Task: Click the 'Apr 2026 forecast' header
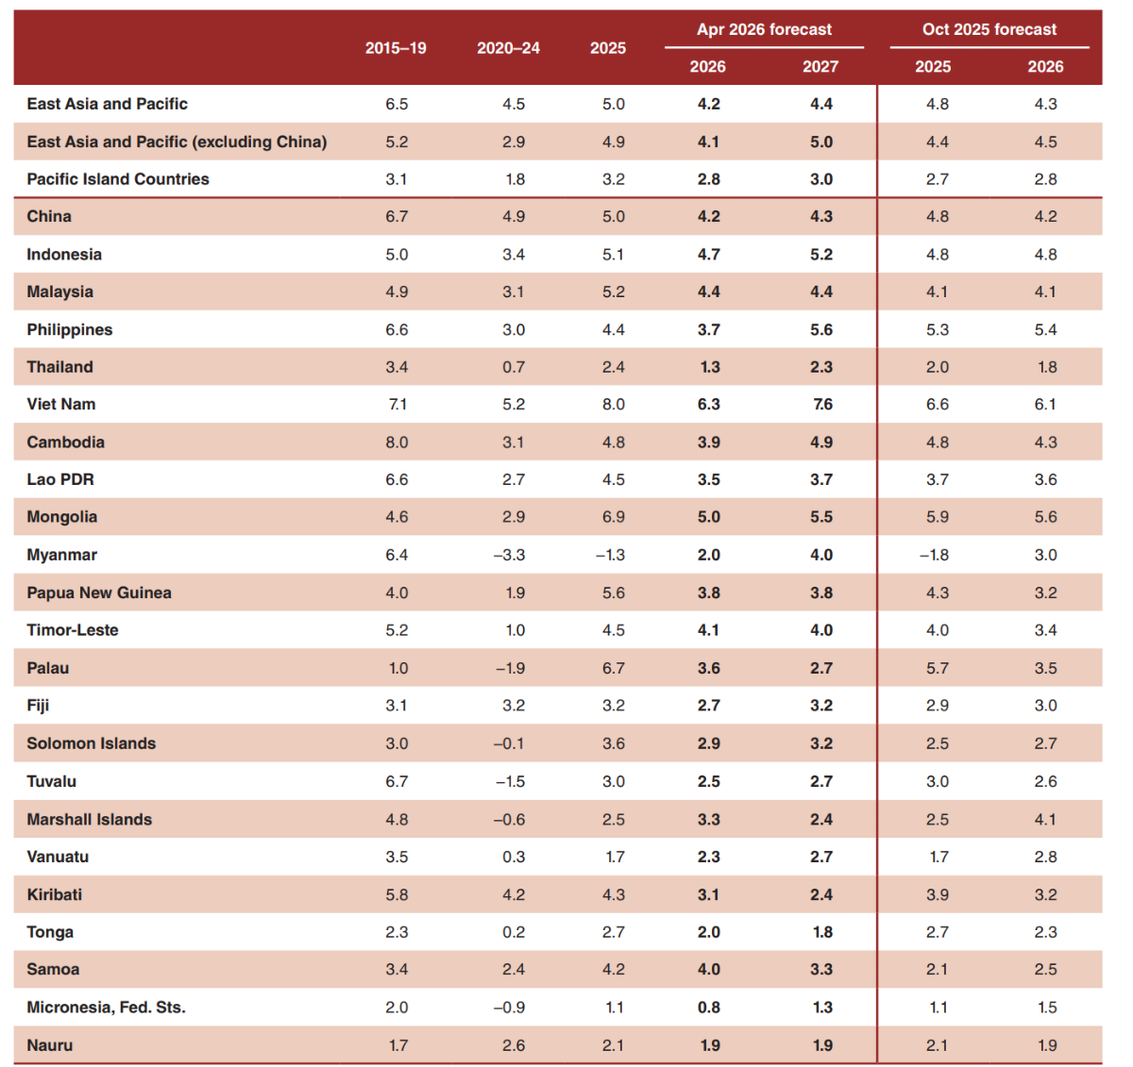tap(764, 29)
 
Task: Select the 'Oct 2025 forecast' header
tap(989, 29)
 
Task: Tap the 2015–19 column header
tap(396, 48)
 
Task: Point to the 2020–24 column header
tap(508, 48)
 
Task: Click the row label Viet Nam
tap(61, 404)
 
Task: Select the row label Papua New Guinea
tap(99, 592)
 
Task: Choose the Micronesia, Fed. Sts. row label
tap(106, 1007)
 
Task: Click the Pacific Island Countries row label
tap(118, 178)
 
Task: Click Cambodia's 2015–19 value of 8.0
tap(397, 442)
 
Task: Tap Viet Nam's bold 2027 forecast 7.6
tap(821, 404)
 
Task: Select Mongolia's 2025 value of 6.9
tap(614, 517)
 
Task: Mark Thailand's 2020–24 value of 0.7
tap(514, 367)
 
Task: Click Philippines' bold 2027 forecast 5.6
tap(821, 329)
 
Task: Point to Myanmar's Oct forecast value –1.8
tap(935, 555)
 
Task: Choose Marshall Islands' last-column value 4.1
tap(1045, 819)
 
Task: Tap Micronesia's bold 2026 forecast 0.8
tap(709, 1007)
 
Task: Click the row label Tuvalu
tap(52, 781)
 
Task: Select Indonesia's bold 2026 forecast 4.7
tap(709, 254)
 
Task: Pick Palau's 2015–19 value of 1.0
tap(398, 668)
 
